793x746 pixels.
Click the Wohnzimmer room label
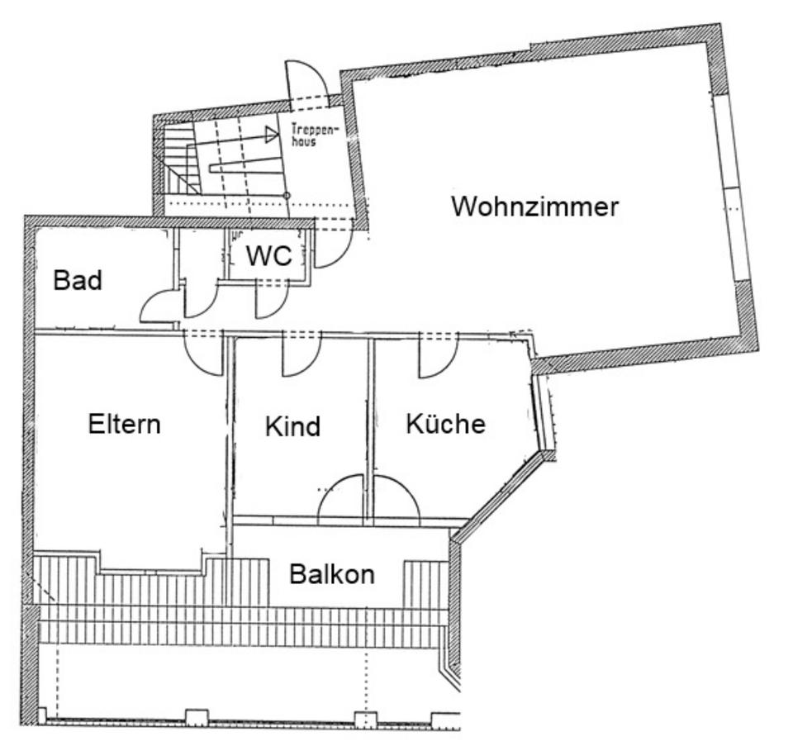[x=534, y=207]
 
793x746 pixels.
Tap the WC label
[x=270, y=257]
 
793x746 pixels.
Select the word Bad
[x=78, y=281]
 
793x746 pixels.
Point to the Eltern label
[x=124, y=425]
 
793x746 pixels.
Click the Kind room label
[x=292, y=427]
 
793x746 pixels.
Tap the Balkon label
[x=331, y=573]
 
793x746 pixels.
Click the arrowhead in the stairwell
[x=270, y=135]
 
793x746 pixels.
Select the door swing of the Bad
[x=156, y=307]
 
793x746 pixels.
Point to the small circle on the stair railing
[x=287, y=195]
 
